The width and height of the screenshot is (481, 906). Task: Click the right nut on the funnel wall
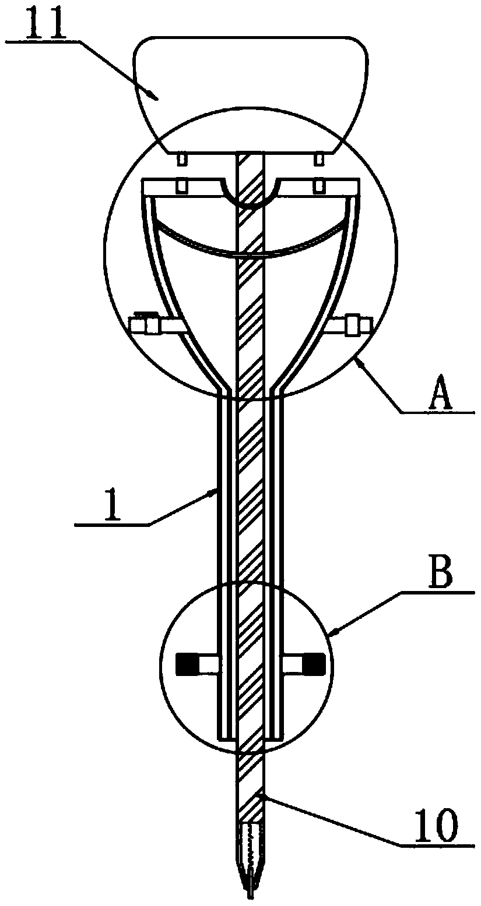point(353,324)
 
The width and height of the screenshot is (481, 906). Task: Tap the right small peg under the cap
point(319,158)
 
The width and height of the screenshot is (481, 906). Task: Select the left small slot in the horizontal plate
point(182,186)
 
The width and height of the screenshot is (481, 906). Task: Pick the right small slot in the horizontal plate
point(319,186)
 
